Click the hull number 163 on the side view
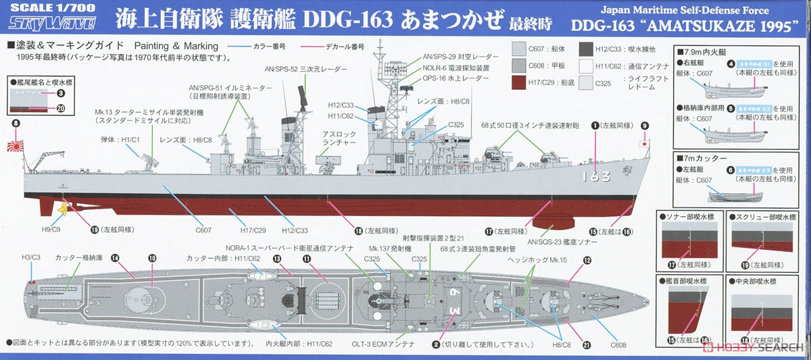(x=595, y=176)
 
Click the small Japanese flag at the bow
(x=644, y=144)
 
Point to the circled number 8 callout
(x=16, y=124)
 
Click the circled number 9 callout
(x=644, y=126)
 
